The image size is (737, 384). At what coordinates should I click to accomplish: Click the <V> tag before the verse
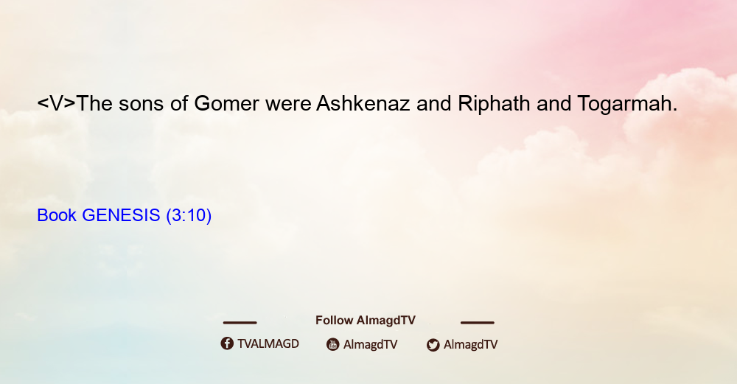[x=57, y=103]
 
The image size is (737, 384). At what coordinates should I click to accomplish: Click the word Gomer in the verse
[x=226, y=103]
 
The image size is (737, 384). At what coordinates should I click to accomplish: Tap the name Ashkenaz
[x=363, y=103]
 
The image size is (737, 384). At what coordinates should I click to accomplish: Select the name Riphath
[x=494, y=103]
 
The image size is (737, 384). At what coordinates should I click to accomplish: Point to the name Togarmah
[x=627, y=103]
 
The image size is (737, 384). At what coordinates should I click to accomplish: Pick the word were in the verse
[x=288, y=105]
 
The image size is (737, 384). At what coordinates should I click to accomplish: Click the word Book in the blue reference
[x=57, y=215]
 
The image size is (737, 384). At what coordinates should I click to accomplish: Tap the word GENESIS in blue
[x=122, y=215]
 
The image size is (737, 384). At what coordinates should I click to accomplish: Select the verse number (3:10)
[x=189, y=215]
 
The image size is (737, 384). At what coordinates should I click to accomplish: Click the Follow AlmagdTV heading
[x=366, y=321]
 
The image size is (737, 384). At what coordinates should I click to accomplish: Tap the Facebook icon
[x=227, y=343]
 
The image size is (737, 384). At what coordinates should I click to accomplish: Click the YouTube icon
[x=333, y=344]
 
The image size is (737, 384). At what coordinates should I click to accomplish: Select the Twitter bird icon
[x=433, y=344]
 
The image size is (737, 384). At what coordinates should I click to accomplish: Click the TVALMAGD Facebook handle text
[x=268, y=343]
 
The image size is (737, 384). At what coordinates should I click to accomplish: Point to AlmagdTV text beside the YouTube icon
[x=371, y=344]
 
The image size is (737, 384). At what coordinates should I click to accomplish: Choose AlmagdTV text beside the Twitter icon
[x=470, y=344]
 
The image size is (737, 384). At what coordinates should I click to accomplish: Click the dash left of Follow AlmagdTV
[x=240, y=322]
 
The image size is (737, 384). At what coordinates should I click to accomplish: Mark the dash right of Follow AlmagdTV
[x=478, y=322]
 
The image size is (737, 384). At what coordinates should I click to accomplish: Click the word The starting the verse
[x=94, y=103]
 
